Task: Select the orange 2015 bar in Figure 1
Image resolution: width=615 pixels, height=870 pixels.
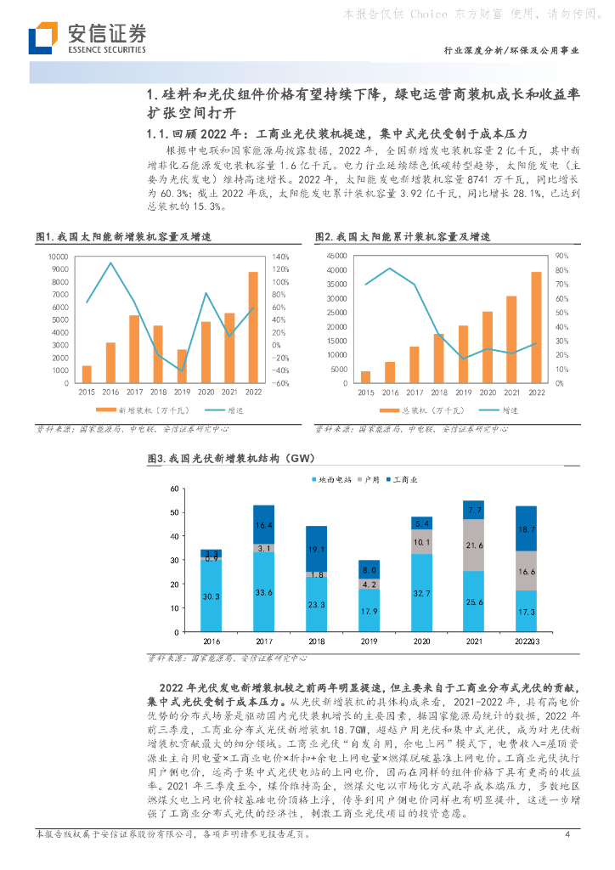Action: tap(87, 374)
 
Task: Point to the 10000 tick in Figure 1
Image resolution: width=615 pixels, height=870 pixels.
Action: tap(58, 256)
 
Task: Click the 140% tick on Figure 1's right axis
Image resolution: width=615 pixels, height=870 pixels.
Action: tap(281, 256)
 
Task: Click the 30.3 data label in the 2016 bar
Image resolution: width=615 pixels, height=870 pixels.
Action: tap(211, 596)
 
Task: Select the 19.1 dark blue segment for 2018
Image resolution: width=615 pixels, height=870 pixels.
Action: tap(316, 549)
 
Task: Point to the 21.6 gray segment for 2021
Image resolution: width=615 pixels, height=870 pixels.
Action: tap(473, 545)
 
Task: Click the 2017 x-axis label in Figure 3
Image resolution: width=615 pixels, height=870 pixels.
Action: tap(264, 643)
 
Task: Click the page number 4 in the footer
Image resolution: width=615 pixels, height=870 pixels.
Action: tap(567, 833)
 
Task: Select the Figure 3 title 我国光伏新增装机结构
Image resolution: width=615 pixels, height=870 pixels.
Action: tap(225, 458)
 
